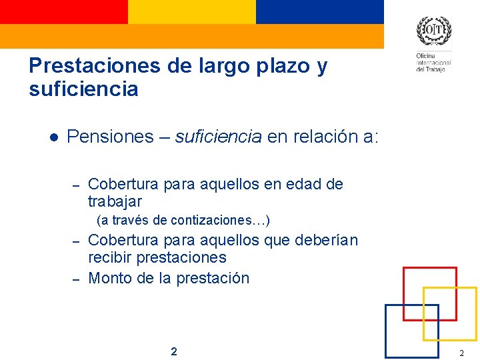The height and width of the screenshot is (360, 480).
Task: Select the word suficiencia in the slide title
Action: (83, 89)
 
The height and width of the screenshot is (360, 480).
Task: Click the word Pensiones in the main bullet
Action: (110, 137)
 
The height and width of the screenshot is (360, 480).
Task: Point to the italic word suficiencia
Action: (218, 137)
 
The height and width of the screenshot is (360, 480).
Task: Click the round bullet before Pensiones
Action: (53, 137)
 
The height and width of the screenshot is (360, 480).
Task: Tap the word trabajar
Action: (115, 201)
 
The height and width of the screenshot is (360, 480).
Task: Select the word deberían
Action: (326, 240)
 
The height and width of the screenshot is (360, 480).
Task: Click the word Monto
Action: (110, 278)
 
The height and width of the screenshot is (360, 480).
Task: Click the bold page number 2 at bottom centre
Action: (174, 351)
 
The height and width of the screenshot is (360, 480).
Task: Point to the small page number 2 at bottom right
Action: (461, 352)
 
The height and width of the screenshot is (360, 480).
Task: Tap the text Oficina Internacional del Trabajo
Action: (433, 63)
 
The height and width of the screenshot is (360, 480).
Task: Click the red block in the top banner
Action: (63, 11)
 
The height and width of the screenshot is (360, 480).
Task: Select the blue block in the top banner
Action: (319, 11)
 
